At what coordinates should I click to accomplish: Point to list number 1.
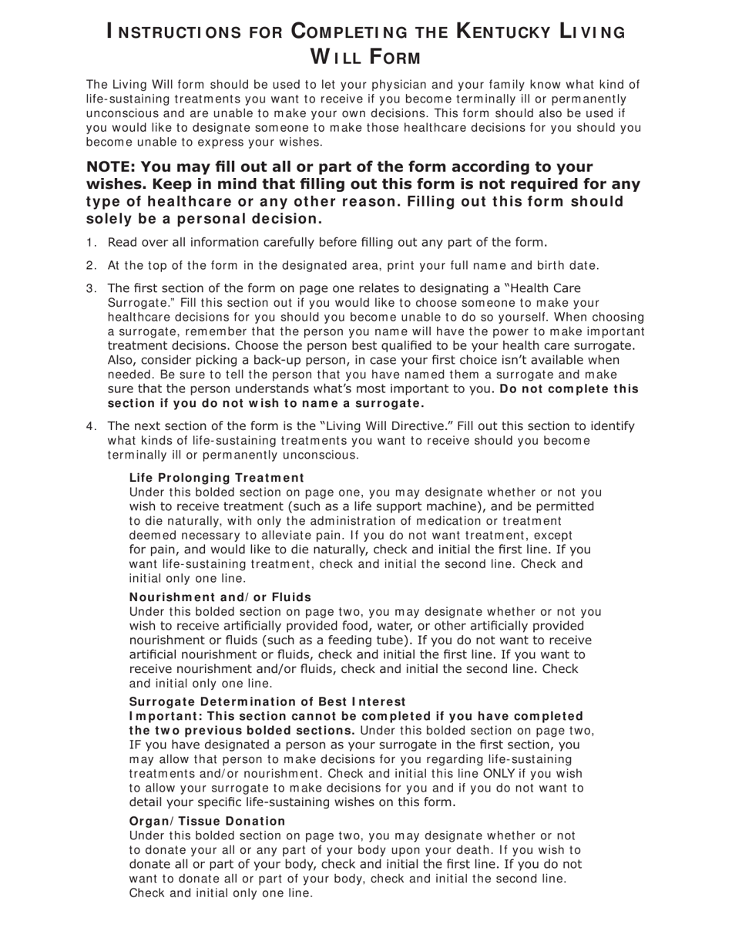(91, 243)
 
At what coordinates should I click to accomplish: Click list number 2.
(91, 266)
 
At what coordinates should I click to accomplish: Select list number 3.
(91, 289)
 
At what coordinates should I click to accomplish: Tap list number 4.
(91, 426)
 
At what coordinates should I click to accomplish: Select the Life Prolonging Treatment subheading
(217, 478)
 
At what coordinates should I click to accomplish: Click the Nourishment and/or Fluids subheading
(220, 597)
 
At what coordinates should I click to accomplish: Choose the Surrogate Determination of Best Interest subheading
(267, 701)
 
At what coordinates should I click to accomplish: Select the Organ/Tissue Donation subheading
(207, 822)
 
